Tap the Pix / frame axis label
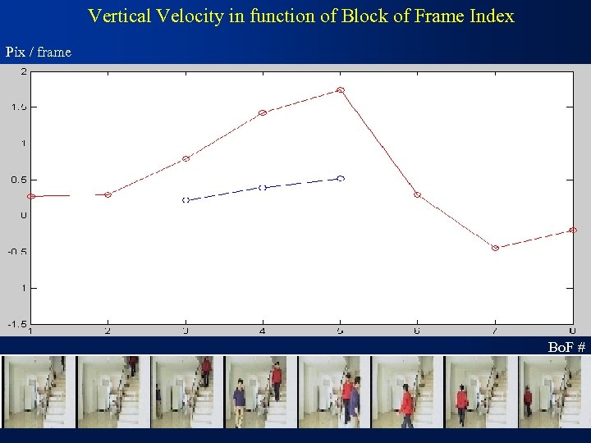pos(39,52)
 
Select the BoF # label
pos(567,348)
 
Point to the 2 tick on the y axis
pos(24,71)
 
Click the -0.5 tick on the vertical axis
pos(17,251)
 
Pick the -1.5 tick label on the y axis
pos(17,323)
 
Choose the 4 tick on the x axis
pos(263,331)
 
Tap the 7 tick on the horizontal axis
pos(495,331)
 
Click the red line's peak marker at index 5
pos(340,90)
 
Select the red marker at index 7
pos(495,248)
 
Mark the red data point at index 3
pos(186,158)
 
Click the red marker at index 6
pos(417,194)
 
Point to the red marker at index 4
pos(263,112)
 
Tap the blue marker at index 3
pos(186,199)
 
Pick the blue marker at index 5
pos(341,178)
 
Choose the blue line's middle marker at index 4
pos(263,188)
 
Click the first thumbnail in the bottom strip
pos(38,391)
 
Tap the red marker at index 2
pos(108,194)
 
